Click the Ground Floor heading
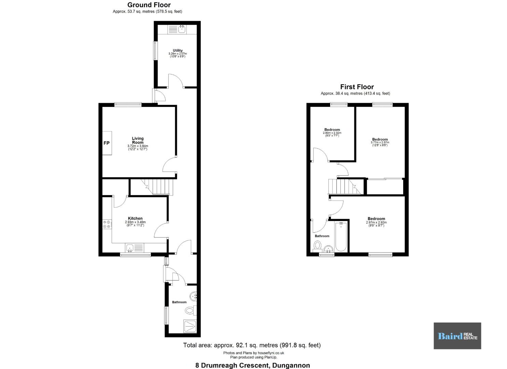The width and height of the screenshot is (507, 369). pos(149,5)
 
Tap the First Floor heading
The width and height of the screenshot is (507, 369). pos(357,87)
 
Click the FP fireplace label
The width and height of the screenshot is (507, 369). pos(107,143)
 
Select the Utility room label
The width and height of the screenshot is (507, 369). pos(178,50)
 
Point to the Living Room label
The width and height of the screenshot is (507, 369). pos(138,140)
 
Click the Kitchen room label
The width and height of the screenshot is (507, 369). pos(135,218)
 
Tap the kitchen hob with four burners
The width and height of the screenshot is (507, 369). pos(107,224)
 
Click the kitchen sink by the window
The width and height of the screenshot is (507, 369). pos(135,248)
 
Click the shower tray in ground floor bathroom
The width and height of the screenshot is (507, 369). pos(190,326)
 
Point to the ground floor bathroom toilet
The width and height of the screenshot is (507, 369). pos(191,310)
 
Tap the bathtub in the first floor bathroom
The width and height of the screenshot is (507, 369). pos(341,237)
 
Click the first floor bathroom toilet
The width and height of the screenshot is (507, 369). pos(318,246)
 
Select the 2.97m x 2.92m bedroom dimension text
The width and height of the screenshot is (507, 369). pos(376,224)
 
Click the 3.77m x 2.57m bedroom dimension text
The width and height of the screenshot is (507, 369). pos(380,144)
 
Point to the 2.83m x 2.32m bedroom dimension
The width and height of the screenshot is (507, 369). pos(332,134)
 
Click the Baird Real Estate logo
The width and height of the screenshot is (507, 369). pos(457,336)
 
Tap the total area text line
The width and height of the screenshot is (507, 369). pos(252,345)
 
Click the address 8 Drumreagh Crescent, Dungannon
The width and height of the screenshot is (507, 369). pos(253,365)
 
